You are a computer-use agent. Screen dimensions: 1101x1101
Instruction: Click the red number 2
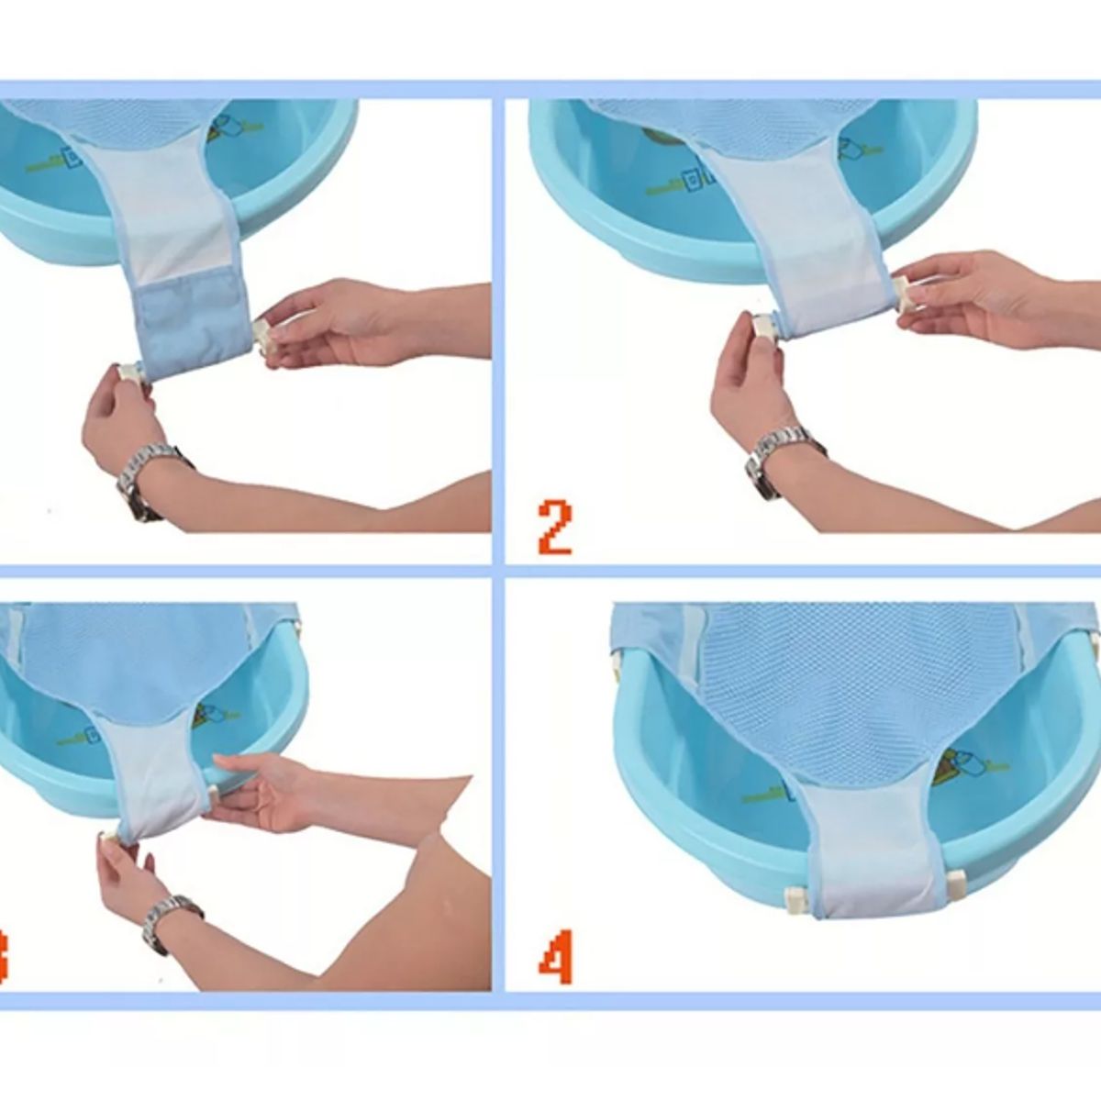pyautogui.click(x=556, y=527)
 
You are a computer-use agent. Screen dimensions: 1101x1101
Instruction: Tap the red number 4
pyautogui.click(x=555, y=958)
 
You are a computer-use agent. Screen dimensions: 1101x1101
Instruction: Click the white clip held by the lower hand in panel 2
pyautogui.click(x=764, y=326)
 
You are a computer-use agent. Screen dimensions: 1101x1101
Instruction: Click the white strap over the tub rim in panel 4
pyautogui.click(x=865, y=853)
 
